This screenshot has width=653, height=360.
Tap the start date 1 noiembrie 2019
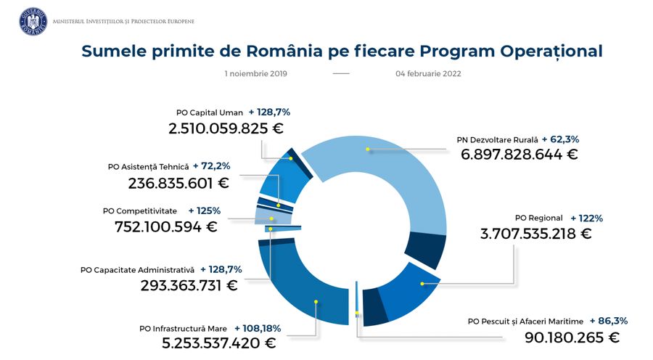[x=256, y=73]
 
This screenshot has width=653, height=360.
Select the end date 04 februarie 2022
[x=429, y=73]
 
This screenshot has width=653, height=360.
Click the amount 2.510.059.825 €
[x=226, y=128]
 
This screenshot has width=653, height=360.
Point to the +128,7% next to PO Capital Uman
[x=269, y=112]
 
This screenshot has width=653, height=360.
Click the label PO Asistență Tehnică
[x=148, y=166]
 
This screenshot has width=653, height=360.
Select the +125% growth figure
[x=204, y=210]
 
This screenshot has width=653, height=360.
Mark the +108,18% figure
[x=258, y=328]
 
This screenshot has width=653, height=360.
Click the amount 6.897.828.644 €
[x=519, y=155]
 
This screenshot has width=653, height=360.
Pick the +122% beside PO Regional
[x=586, y=218]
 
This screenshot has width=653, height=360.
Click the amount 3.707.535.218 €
[x=535, y=234]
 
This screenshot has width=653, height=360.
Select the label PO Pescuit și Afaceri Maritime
[x=525, y=321]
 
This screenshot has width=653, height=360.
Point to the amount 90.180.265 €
[x=572, y=337]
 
